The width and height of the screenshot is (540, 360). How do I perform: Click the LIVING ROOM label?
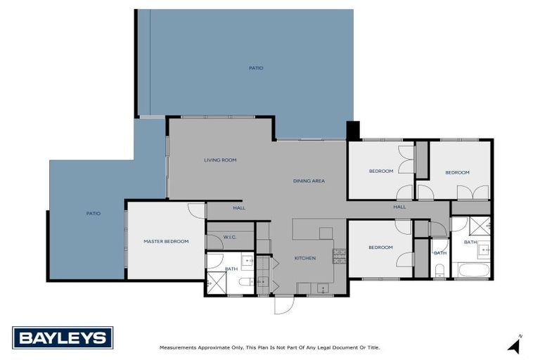[x=220, y=160]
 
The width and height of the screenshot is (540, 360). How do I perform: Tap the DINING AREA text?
[x=309, y=181]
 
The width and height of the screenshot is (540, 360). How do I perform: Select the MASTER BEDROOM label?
[x=166, y=242]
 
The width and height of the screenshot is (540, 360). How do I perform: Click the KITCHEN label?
[x=305, y=259]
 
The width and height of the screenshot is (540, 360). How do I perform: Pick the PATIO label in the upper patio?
[x=256, y=68]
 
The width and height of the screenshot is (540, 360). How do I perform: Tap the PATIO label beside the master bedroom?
[x=93, y=214]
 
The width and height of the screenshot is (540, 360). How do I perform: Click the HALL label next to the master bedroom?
[x=239, y=208]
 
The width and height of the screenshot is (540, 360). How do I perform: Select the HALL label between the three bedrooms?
[x=399, y=207]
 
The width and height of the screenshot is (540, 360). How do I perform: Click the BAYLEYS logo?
[x=63, y=337]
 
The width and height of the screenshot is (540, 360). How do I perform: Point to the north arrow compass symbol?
[x=515, y=345]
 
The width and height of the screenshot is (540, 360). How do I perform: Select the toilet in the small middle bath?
[x=439, y=270]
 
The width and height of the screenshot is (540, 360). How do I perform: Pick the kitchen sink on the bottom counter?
[x=321, y=288]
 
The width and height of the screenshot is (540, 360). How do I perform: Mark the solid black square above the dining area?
[x=353, y=131]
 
